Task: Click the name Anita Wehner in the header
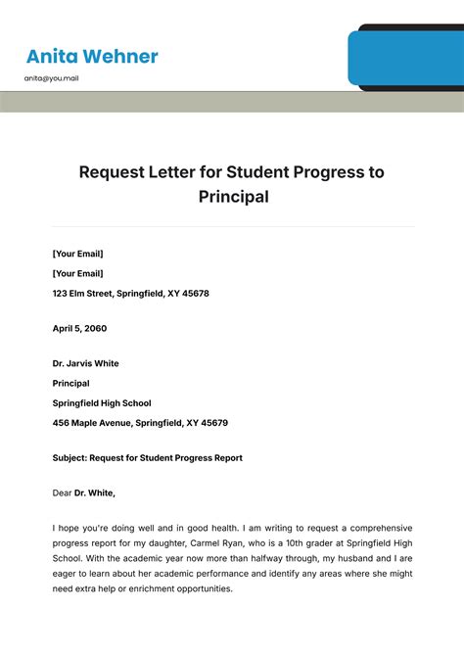coord(92,56)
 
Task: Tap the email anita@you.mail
coord(52,78)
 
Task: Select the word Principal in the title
coord(232,197)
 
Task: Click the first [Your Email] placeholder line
coord(77,254)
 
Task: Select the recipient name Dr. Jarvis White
coord(86,363)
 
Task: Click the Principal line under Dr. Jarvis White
coord(70,383)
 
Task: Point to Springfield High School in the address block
coord(102,402)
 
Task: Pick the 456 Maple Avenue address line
coord(140,423)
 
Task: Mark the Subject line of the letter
coord(147,457)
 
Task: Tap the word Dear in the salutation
coord(63,492)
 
